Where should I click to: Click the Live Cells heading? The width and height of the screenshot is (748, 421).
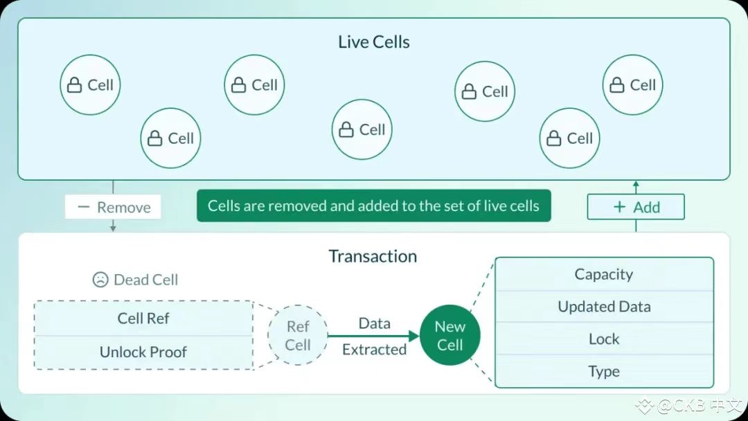click(x=374, y=42)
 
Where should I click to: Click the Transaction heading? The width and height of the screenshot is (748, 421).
click(x=373, y=256)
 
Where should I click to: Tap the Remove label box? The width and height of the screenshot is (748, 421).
click(x=113, y=207)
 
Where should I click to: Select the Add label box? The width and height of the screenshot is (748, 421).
click(x=636, y=207)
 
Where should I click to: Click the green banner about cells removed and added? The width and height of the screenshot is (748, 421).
click(x=373, y=206)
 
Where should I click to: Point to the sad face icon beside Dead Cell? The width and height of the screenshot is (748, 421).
click(x=100, y=280)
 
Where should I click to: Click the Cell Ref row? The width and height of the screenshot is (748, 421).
click(x=143, y=319)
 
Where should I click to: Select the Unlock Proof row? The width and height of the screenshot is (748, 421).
click(x=143, y=352)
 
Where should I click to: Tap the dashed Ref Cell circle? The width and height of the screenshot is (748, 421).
click(x=298, y=336)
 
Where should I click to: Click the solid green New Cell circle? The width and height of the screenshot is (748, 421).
click(x=449, y=336)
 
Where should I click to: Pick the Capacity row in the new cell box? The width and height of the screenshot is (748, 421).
click(x=604, y=274)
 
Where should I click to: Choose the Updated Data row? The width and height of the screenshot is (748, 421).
click(x=604, y=307)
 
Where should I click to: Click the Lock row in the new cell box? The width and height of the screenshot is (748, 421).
click(x=604, y=339)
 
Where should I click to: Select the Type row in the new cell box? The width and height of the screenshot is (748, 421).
click(x=604, y=372)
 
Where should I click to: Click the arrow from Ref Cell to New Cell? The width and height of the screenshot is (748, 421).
click(x=374, y=337)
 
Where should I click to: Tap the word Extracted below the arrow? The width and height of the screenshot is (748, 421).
click(x=374, y=350)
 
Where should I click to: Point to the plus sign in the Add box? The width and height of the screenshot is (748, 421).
click(x=619, y=207)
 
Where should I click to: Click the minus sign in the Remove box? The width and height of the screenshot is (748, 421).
click(x=84, y=207)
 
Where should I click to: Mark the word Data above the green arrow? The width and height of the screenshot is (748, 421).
click(x=374, y=323)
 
